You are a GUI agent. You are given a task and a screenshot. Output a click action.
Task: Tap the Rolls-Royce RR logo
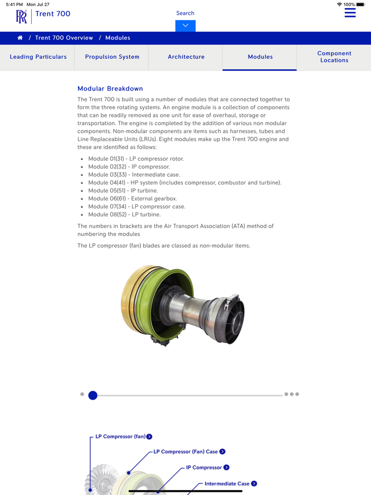(21, 16)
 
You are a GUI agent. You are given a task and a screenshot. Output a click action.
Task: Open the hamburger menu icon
(350, 13)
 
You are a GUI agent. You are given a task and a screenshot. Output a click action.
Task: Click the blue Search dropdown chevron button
(185, 25)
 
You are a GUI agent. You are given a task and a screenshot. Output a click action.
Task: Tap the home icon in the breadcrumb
(20, 38)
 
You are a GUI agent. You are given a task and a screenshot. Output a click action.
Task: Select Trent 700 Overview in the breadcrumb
(64, 38)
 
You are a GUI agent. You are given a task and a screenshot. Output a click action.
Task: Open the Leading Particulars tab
(38, 57)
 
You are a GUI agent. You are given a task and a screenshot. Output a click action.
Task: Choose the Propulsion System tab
(112, 57)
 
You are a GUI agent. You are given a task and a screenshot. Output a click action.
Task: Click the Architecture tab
(186, 57)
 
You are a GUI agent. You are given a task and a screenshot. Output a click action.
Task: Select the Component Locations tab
(334, 57)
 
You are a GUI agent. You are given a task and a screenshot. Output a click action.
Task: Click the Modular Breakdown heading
(110, 89)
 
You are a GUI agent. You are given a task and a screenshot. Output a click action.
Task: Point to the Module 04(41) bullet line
(184, 183)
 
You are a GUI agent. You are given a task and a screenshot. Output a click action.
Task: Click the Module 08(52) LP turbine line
(124, 215)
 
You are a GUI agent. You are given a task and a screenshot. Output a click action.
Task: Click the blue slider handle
(93, 395)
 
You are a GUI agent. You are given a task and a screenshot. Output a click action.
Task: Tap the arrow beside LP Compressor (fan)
(149, 437)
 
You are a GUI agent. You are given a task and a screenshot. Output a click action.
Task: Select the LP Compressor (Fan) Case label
(185, 452)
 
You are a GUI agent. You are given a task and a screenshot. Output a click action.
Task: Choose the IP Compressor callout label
(204, 467)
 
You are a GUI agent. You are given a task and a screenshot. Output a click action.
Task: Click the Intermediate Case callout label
(227, 483)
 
